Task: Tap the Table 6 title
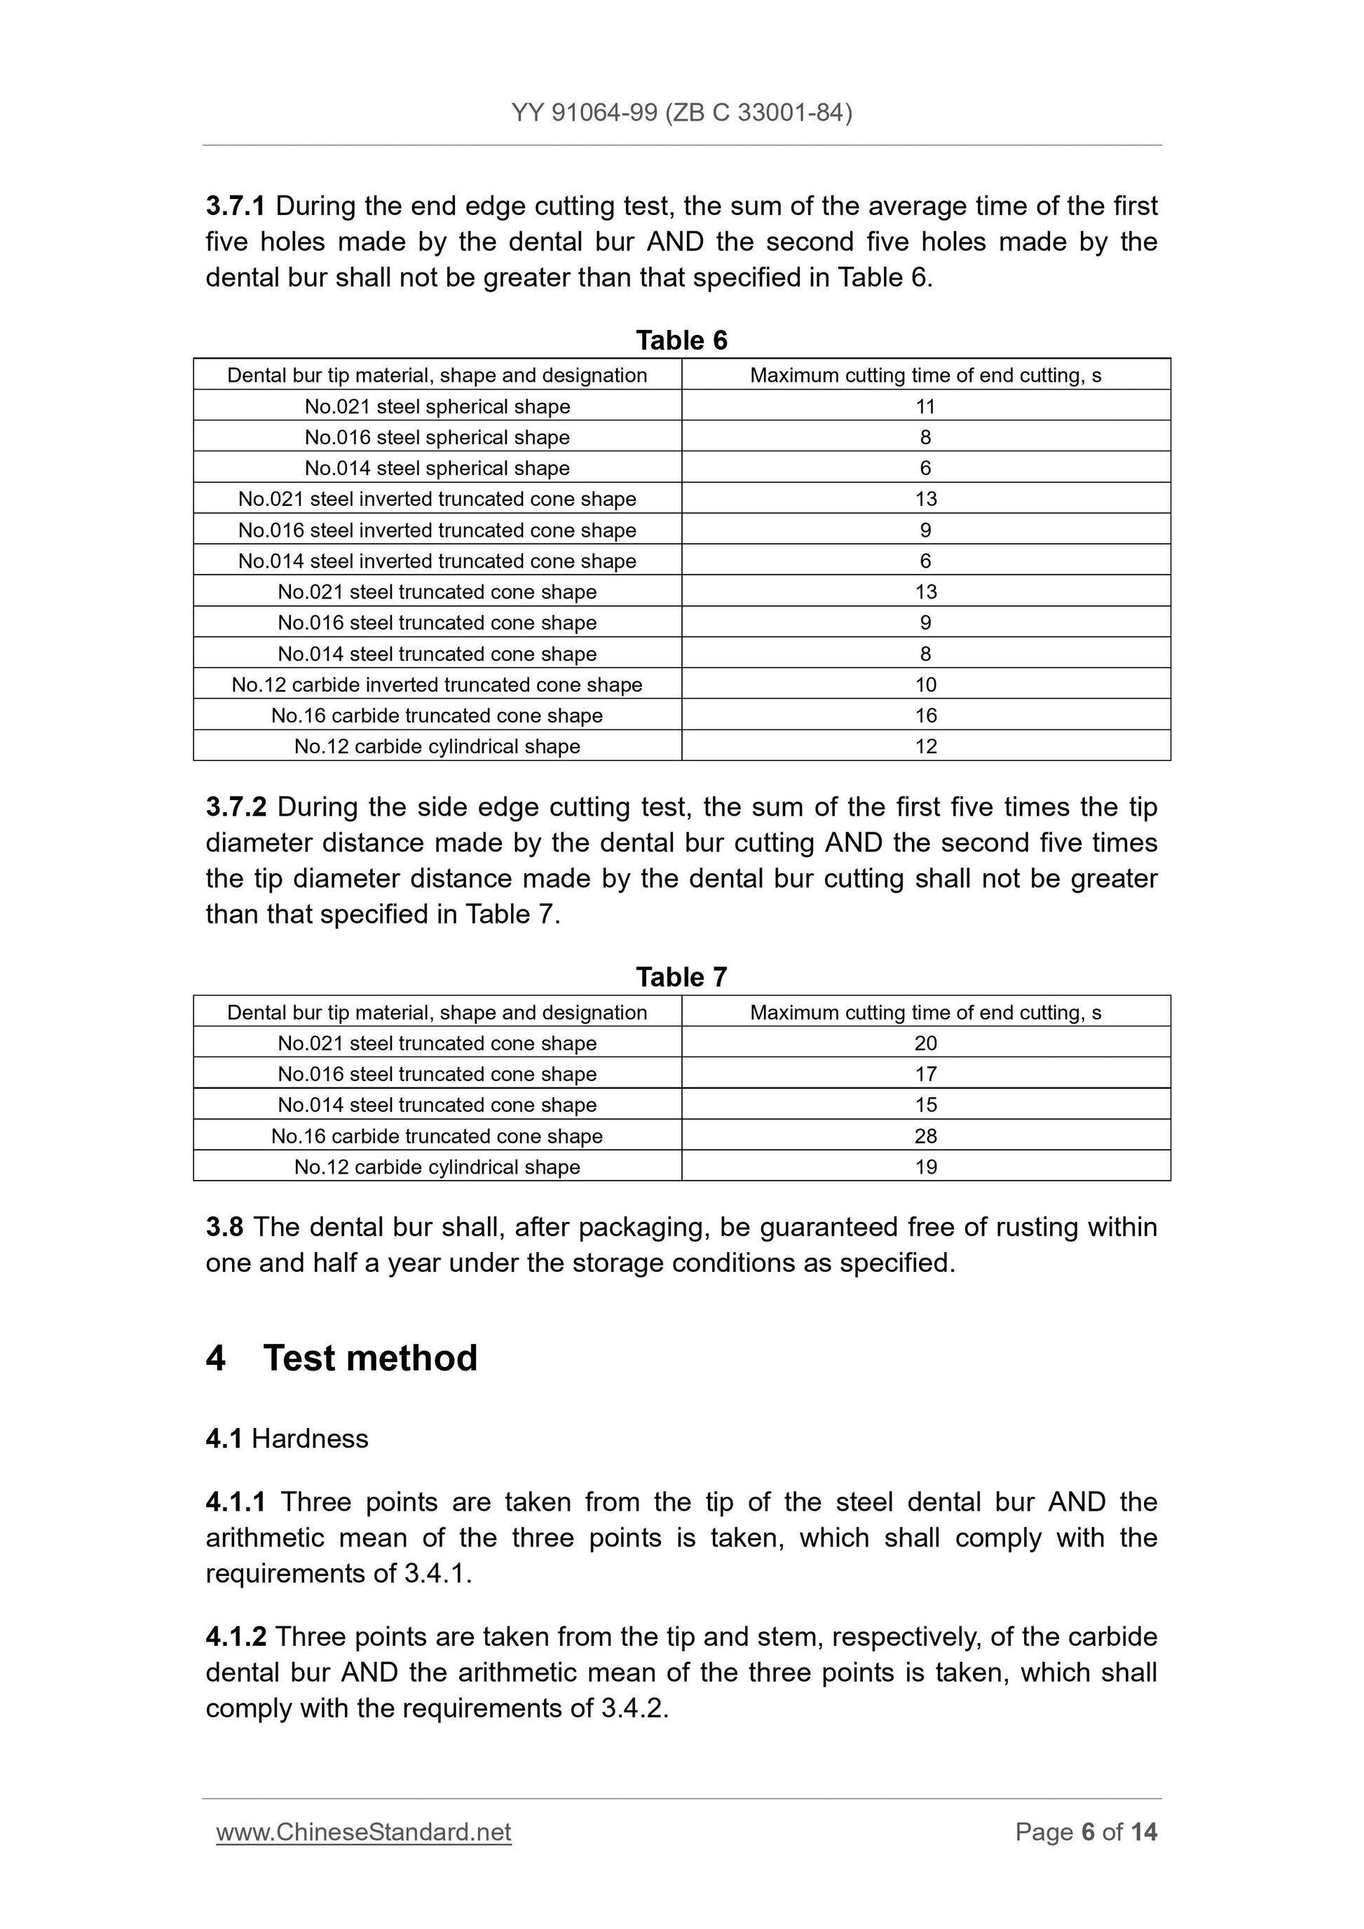[x=681, y=341]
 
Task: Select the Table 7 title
[x=681, y=977]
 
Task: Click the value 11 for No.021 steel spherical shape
[x=925, y=406]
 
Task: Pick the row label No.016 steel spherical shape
[x=437, y=438]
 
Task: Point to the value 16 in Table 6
[x=925, y=716]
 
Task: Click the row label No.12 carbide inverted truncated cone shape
[x=437, y=685]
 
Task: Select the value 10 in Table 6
[x=925, y=685]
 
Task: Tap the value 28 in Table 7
[x=925, y=1136]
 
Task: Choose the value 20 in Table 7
[x=925, y=1043]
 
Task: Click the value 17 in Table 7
[x=925, y=1075]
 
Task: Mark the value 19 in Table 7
[x=925, y=1167]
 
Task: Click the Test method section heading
[x=370, y=1359]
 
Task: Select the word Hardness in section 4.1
[x=309, y=1439]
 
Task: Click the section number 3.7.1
[x=236, y=206]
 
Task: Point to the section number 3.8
[x=224, y=1228]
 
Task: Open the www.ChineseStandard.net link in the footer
[x=364, y=1832]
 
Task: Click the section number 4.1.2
[x=236, y=1637]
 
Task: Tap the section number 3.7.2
[x=236, y=807]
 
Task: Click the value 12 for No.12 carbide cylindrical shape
[x=925, y=747]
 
